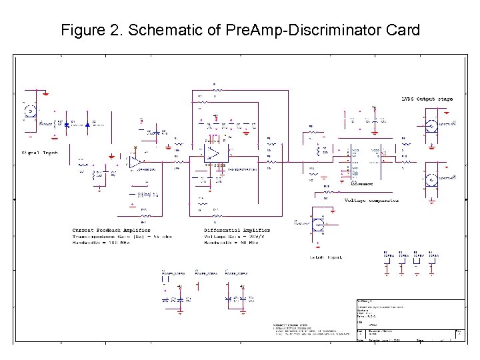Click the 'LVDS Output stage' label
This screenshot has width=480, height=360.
click(427, 99)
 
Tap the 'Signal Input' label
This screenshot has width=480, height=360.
click(40, 153)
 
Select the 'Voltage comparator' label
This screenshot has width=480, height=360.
click(371, 200)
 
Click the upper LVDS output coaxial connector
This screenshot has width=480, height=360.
click(432, 125)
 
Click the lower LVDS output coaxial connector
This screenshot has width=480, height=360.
click(432, 180)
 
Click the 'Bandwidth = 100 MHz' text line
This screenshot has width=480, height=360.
click(100, 243)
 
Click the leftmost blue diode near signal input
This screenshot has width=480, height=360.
click(73, 124)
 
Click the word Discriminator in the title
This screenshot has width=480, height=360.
click(341, 30)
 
